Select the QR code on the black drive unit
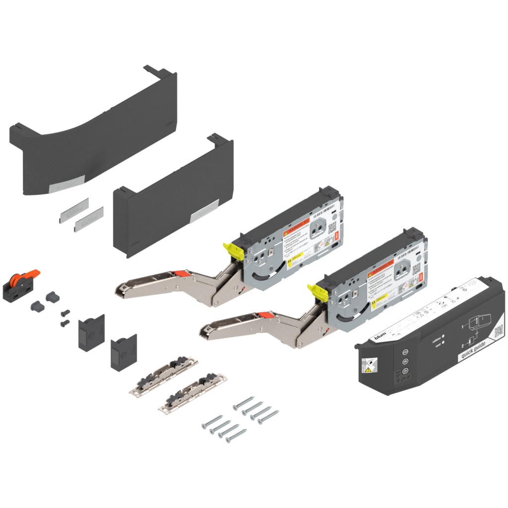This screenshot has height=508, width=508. coord(498,329)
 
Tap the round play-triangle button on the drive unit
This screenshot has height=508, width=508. coord(405,371)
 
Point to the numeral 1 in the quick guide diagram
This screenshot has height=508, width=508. coord(463,326)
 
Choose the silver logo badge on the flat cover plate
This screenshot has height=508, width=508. coord(205,211)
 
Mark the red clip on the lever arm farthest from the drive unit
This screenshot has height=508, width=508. coord(180,272)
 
